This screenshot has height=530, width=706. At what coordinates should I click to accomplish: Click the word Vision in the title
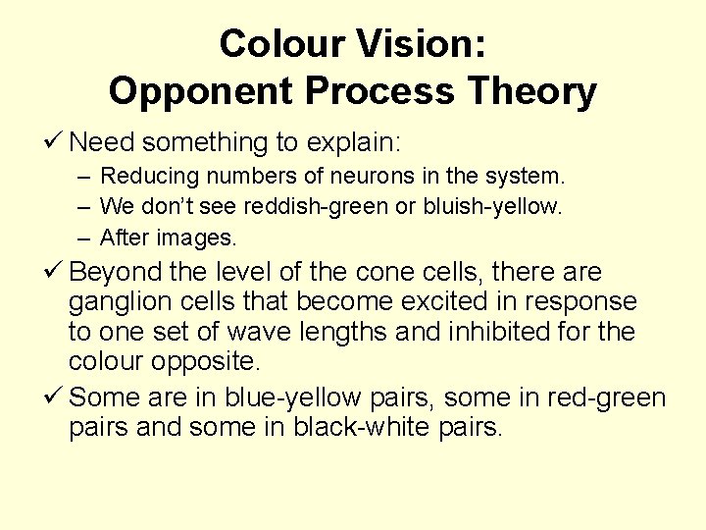pyautogui.click(x=427, y=44)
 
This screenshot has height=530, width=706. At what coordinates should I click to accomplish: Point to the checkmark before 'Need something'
pyautogui.click(x=55, y=143)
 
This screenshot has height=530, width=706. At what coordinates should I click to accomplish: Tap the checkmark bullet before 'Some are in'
pyautogui.click(x=55, y=398)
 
